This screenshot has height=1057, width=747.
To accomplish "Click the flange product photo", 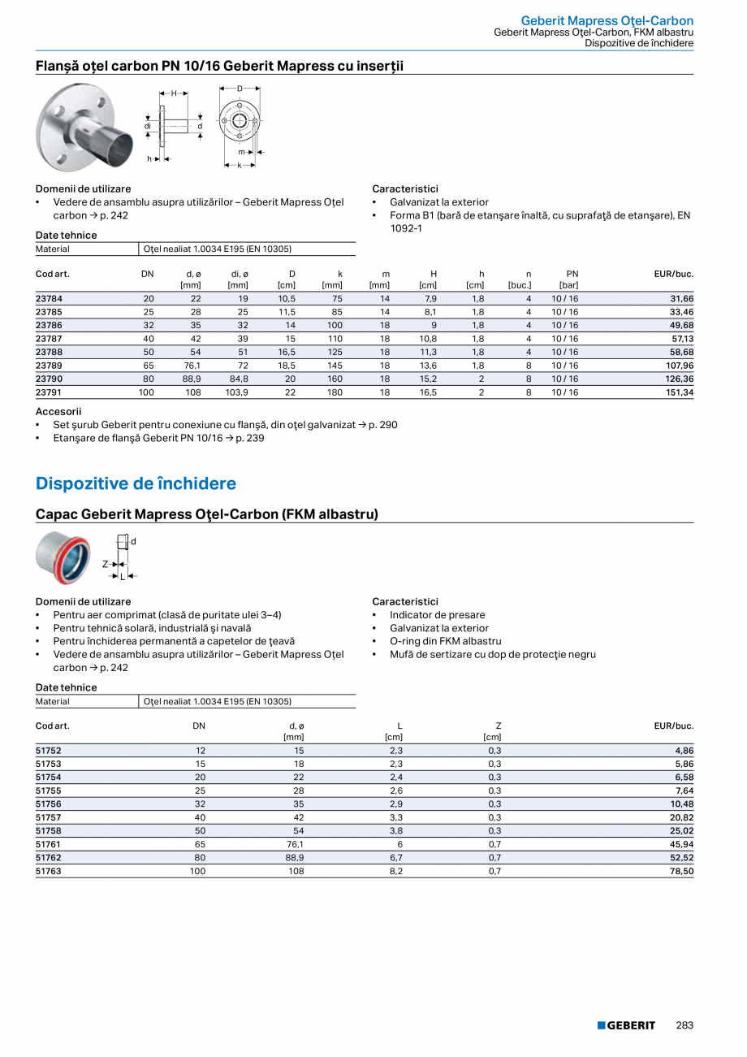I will click(x=84, y=128).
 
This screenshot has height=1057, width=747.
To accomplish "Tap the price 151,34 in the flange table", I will click(x=677, y=392).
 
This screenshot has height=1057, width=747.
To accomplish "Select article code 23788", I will click(x=49, y=352).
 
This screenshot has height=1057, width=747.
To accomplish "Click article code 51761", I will click(x=49, y=844).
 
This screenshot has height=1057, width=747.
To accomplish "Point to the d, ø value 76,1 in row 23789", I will click(x=192, y=366).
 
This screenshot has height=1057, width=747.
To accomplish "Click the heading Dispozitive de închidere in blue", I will click(x=136, y=483).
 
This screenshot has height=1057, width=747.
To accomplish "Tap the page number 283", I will click(x=684, y=1025).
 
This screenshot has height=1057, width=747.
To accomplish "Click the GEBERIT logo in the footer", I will click(x=626, y=1025).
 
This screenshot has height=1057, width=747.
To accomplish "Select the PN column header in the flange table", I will click(x=572, y=274).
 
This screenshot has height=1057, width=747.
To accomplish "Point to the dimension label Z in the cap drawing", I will click(x=106, y=563).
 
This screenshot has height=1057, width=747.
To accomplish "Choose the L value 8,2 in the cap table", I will click(x=397, y=871).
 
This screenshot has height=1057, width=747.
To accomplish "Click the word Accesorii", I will click(x=58, y=412).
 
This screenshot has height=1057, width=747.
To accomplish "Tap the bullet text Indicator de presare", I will click(x=437, y=615).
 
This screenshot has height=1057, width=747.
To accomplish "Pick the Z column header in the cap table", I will click(x=498, y=726).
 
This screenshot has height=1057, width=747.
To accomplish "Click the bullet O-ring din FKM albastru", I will click(x=445, y=641).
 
